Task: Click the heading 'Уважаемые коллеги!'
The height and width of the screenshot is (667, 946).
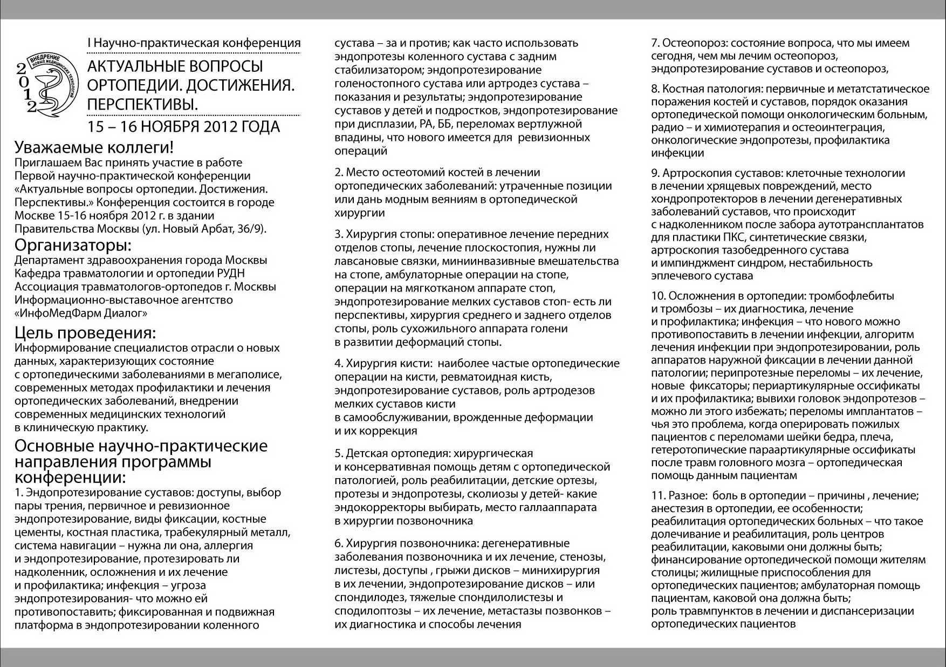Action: pyautogui.click(x=94, y=148)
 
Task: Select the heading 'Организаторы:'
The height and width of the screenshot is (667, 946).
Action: pyautogui.click(x=73, y=246)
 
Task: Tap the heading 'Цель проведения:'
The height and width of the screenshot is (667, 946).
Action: pyautogui.click(x=85, y=332)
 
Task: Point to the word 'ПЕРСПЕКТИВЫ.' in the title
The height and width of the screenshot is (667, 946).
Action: pyautogui.click(x=142, y=105)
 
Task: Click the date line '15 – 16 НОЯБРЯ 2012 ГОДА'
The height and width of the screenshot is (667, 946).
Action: pyautogui.click(x=184, y=127)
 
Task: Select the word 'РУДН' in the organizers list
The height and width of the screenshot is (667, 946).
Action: pyautogui.click(x=236, y=274)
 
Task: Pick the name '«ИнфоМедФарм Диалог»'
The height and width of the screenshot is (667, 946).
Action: pyautogui.click(x=81, y=313)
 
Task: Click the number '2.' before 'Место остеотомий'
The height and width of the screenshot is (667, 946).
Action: pyautogui.click(x=339, y=173)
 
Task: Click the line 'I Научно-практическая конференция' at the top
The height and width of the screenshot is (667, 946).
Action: pyautogui.click(x=194, y=43)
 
